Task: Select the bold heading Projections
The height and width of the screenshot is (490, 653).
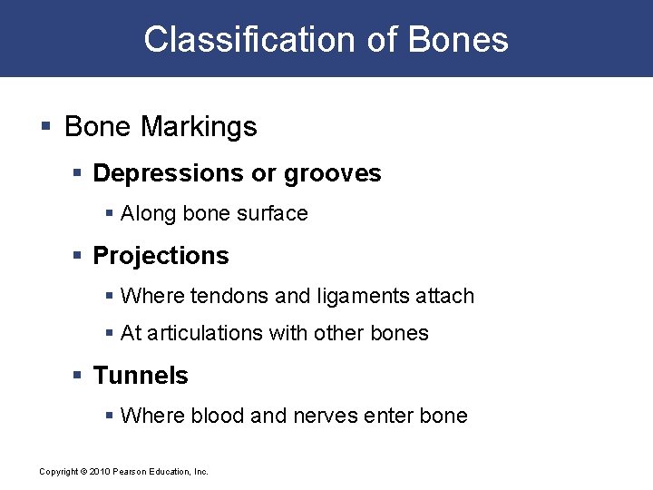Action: pos(161,256)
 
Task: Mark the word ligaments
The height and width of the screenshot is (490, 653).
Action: pos(357,297)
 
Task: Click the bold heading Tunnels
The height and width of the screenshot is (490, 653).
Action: pos(141,376)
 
